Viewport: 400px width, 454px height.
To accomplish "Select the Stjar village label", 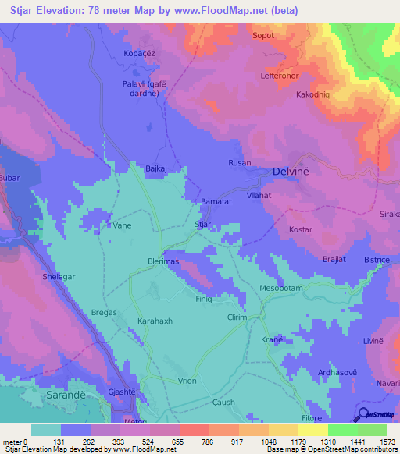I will click(x=202, y=224).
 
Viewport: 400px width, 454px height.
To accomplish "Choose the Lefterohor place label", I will click(x=280, y=76).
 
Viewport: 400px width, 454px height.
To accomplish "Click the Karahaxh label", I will click(x=155, y=321).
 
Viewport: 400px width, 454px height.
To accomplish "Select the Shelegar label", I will click(x=58, y=276).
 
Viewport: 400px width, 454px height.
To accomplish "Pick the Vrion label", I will click(x=187, y=380).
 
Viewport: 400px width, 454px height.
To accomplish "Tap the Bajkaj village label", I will click(x=159, y=168).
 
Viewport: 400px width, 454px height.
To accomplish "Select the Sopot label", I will click(x=262, y=36).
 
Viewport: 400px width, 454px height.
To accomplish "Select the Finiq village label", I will click(x=203, y=299).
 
